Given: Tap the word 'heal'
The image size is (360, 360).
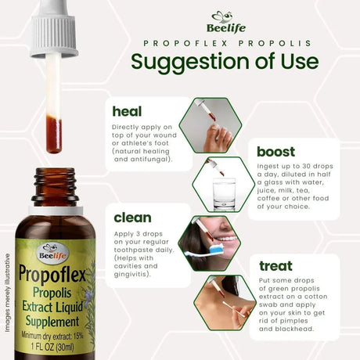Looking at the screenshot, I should [x=127, y=110].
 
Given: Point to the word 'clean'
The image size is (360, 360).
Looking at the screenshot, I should [x=132, y=218].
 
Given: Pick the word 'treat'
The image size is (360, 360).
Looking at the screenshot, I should [x=275, y=266].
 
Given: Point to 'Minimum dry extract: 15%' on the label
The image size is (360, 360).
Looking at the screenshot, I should [x=59, y=335].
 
